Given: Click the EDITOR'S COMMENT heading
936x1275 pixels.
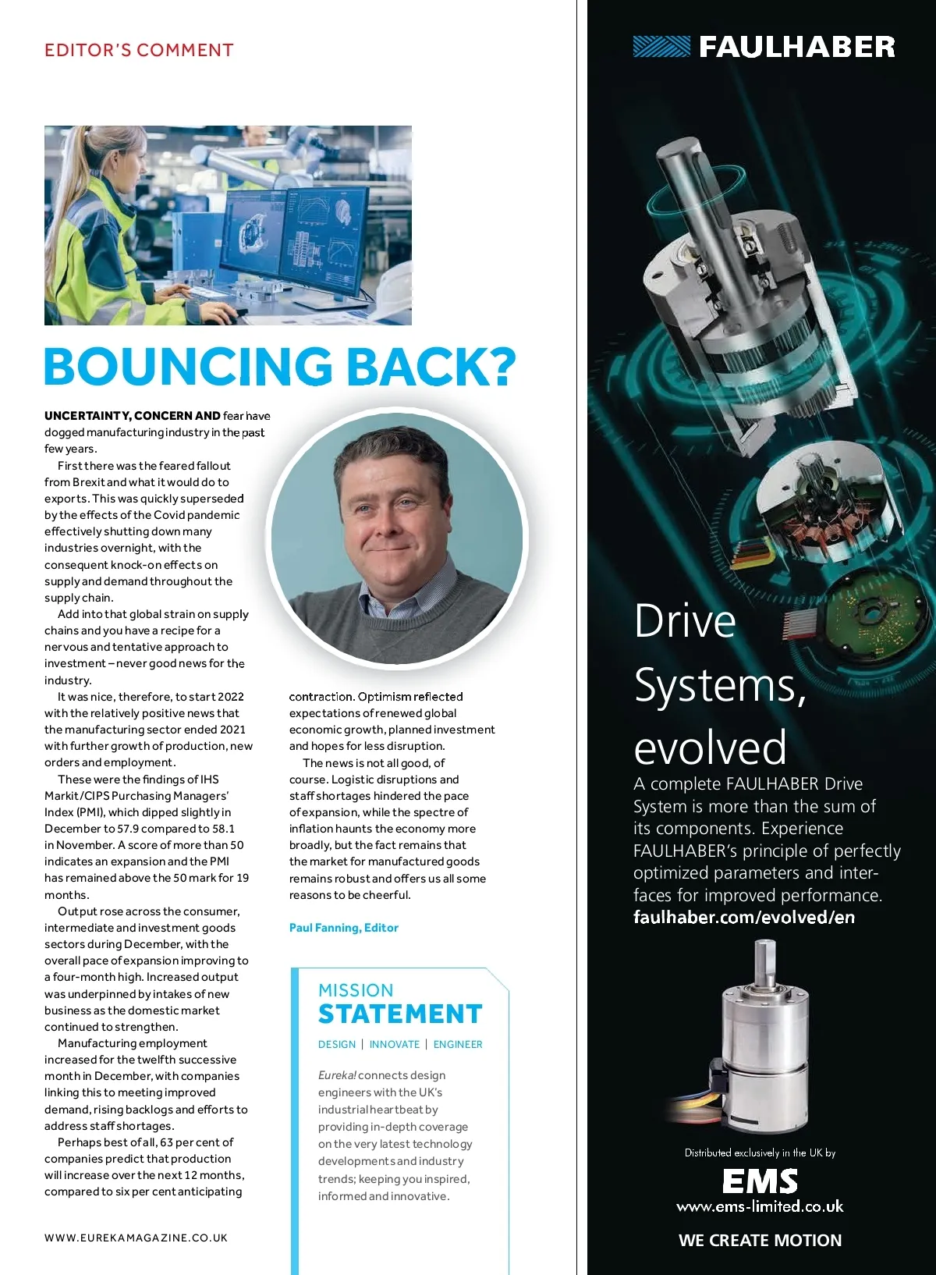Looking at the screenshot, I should (x=139, y=51).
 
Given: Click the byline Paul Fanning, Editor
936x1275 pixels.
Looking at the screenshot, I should (x=343, y=928).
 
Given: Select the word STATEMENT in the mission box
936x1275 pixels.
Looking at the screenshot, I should (x=400, y=1014).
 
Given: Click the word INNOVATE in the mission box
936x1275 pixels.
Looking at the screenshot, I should (x=394, y=1044).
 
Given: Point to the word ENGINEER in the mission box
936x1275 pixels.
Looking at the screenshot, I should (x=458, y=1044).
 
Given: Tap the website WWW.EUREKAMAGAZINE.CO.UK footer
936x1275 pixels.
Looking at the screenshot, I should (x=136, y=1238).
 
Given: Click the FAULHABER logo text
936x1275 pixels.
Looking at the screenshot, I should (x=796, y=47).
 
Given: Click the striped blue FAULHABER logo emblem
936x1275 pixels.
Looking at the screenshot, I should (x=661, y=47).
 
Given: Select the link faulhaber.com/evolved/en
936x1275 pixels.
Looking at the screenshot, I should (x=743, y=918).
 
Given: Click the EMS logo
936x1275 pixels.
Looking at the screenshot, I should (x=760, y=1181).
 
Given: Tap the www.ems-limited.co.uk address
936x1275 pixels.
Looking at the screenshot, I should (x=760, y=1206).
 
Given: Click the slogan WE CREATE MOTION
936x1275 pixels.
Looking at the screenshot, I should (x=760, y=1240).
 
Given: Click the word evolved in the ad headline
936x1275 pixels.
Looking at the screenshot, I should (x=710, y=747).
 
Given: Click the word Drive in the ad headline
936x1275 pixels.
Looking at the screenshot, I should (x=685, y=622).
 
